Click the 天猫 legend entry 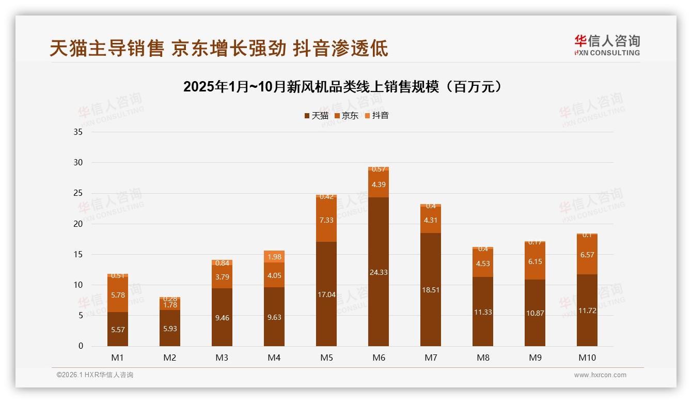316,116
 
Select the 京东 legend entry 347,116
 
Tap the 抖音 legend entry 377,116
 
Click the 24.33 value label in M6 379,272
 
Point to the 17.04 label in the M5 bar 326,295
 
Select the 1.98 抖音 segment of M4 274,257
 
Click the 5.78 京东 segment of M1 118,295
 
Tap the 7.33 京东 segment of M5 326,220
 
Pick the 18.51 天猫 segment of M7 431,290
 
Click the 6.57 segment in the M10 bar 587,255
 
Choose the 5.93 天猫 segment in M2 170,328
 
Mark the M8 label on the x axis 483,358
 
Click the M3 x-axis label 222,358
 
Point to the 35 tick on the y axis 78,132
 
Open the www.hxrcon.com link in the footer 600,375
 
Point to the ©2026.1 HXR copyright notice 95,375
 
